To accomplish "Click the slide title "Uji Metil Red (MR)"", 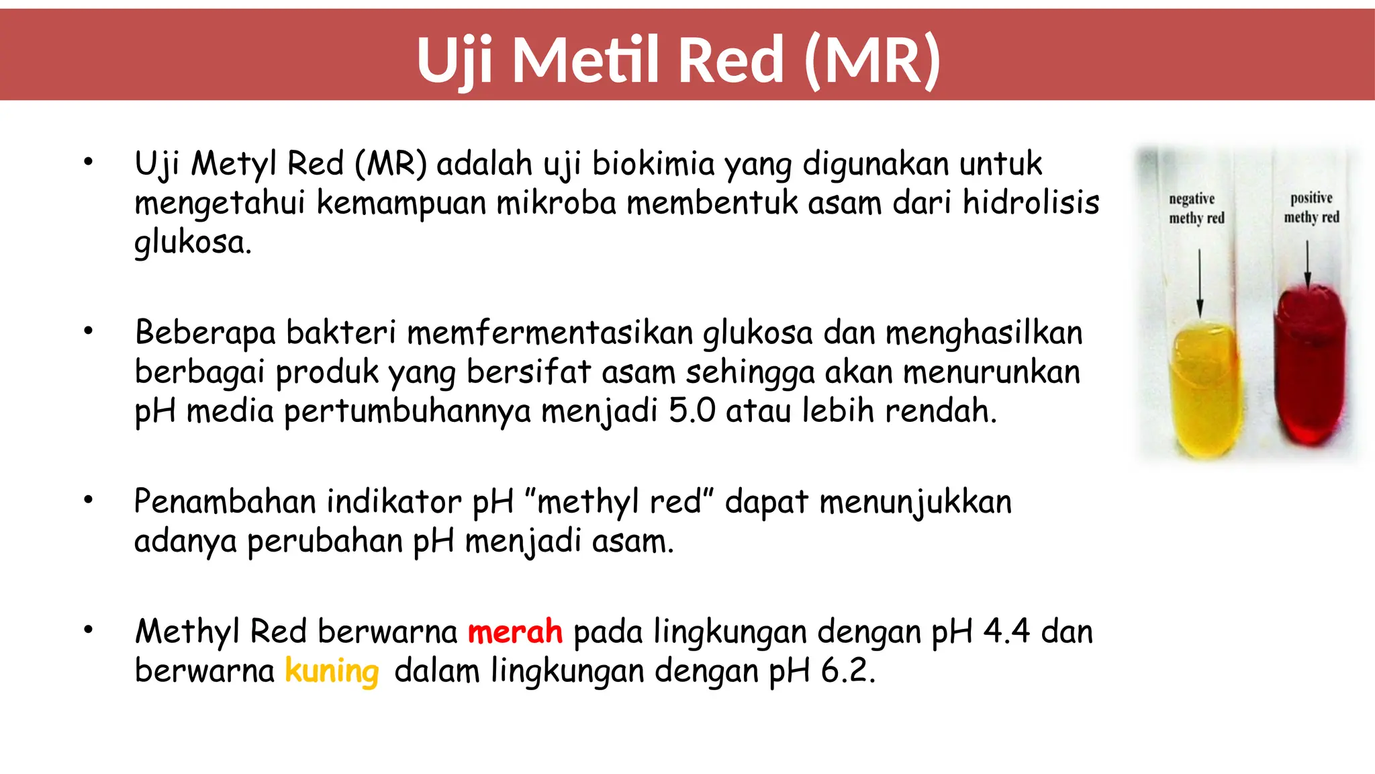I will click(678, 60).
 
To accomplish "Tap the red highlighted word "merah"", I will click(515, 632).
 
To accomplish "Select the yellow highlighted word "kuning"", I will click(332, 671).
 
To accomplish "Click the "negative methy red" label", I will click(1196, 208).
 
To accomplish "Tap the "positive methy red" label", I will click(1311, 208).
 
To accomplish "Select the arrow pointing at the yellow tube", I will click(1200, 282).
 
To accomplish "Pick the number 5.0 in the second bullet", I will click(692, 411).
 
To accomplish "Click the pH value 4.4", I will click(1006, 632).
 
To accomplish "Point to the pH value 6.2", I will click(848, 671).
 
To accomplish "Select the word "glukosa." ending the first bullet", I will click(193, 242).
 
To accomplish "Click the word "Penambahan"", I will click(226, 502).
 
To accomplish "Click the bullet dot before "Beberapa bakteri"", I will click(88, 331).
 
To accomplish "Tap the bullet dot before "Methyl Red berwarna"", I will click(88, 630).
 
